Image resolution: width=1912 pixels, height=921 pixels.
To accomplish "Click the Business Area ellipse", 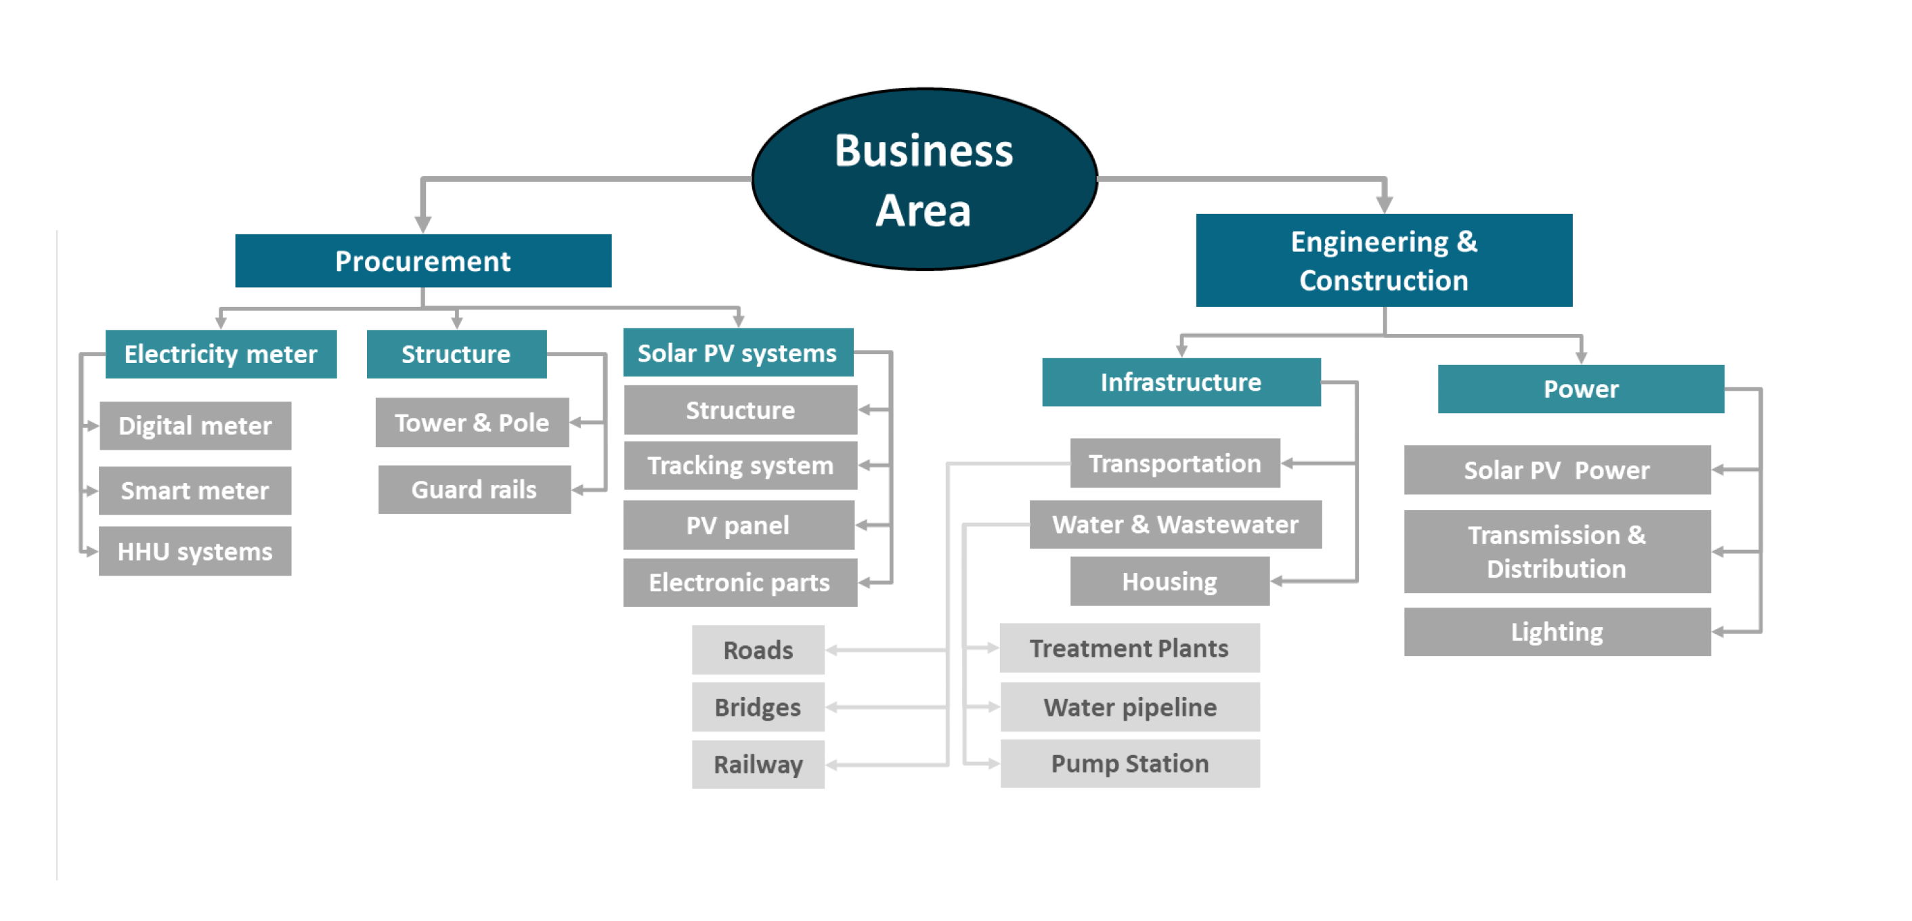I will [x=924, y=179].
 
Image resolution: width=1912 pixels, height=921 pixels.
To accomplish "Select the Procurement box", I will [x=423, y=261].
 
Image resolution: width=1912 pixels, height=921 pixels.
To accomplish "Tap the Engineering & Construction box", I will [x=1383, y=261].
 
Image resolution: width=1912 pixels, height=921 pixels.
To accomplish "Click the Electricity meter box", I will [x=221, y=354].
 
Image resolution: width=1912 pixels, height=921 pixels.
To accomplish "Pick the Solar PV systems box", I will [x=738, y=353].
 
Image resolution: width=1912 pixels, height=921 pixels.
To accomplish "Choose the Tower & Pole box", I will [x=472, y=423].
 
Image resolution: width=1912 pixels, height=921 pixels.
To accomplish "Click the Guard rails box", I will [x=475, y=490].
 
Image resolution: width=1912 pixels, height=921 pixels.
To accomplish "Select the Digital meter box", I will [x=195, y=426].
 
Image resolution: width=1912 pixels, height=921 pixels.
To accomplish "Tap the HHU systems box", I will [x=195, y=551].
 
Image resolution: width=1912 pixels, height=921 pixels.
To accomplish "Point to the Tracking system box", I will [x=740, y=465].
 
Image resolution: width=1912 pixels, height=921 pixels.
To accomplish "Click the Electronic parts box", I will [x=739, y=582].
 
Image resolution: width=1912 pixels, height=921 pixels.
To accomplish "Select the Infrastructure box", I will [x=1181, y=382].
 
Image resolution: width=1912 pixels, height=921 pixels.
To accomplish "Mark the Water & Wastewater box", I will [x=1175, y=525].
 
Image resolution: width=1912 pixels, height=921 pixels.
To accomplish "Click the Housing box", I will [x=1169, y=582].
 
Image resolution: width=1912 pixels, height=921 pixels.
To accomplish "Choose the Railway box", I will [x=758, y=765].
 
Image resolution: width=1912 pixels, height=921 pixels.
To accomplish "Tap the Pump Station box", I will [x=1130, y=764].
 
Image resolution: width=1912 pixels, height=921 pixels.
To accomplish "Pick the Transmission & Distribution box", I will [x=1557, y=551].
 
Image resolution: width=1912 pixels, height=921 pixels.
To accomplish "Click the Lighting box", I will [x=1557, y=633].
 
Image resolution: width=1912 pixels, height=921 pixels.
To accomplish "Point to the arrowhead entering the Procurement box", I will [x=423, y=224].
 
